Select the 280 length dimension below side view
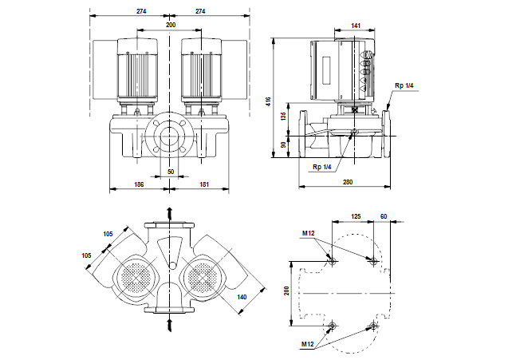tap(348, 183)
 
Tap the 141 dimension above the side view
tap(356, 26)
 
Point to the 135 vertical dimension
tap(284, 116)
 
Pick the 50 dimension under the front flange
tap(170, 172)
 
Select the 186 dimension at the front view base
tap(140, 184)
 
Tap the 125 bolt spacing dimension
tap(356, 216)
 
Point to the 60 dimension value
tap(384, 216)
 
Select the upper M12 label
tap(308, 233)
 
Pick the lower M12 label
tap(308, 343)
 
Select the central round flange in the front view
tap(170, 136)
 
